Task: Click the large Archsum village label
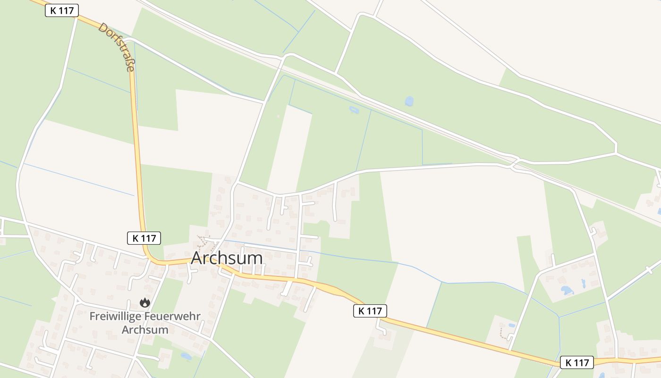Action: tap(227, 258)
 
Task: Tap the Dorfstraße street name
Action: tap(116, 47)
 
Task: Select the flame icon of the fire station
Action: tap(144, 302)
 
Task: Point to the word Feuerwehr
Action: tap(172, 317)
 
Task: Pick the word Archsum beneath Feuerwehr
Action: tap(145, 329)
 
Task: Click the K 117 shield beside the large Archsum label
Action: tap(144, 238)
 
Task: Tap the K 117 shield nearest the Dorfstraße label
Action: tap(62, 10)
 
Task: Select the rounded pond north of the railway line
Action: tap(409, 101)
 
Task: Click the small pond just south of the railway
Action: tap(354, 110)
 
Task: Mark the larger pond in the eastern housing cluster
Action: tap(567, 290)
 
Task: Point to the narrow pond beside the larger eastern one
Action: tap(583, 283)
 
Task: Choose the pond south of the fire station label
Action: tap(186, 356)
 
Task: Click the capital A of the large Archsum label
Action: tap(198, 258)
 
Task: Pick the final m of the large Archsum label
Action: tap(255, 258)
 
